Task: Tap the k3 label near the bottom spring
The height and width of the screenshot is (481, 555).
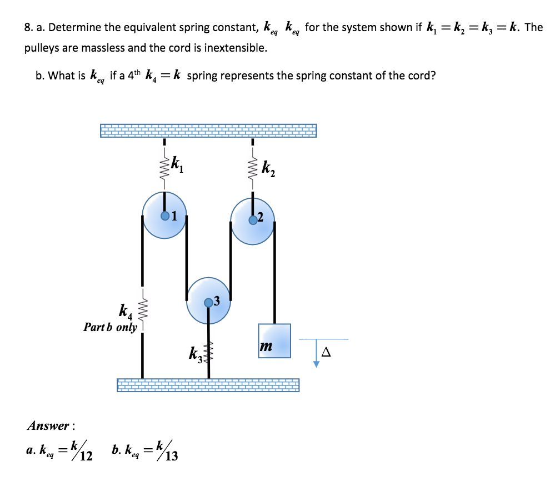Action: (x=196, y=353)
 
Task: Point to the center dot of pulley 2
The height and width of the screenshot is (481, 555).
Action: (x=253, y=219)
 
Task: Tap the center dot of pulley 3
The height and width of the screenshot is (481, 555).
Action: (x=208, y=302)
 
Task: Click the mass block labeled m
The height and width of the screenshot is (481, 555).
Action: (x=274, y=340)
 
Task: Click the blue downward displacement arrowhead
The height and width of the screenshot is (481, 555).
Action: (x=316, y=364)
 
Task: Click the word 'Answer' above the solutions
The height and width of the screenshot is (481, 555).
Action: (x=48, y=426)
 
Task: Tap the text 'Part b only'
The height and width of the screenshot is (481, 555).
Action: (x=110, y=327)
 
